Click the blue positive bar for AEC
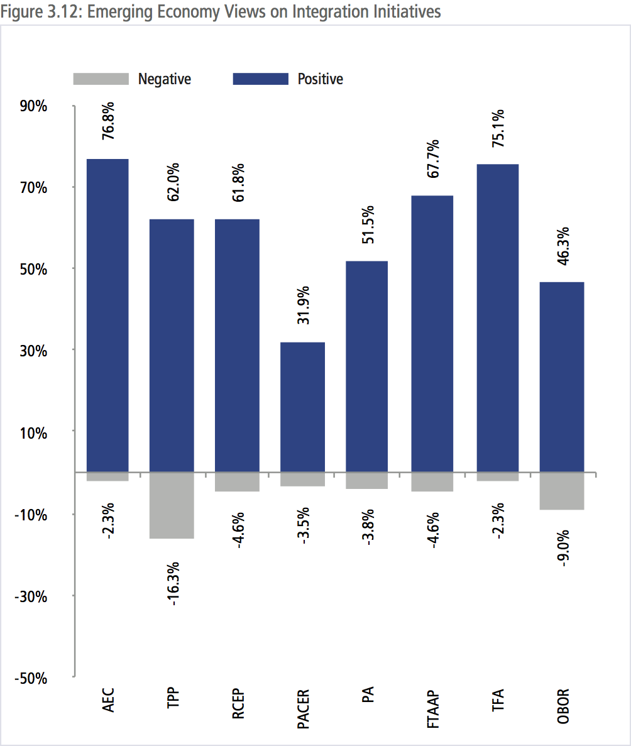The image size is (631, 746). tap(107, 314)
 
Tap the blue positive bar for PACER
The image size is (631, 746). tap(302, 407)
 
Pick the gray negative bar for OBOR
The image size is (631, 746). tap(562, 490)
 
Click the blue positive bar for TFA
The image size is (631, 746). tap(497, 317)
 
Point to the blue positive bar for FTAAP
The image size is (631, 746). tap(432, 333)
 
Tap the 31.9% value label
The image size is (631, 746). tap(303, 305)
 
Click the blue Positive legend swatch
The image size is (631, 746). tap(261, 79)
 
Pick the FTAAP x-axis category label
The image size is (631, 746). tap(433, 709)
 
